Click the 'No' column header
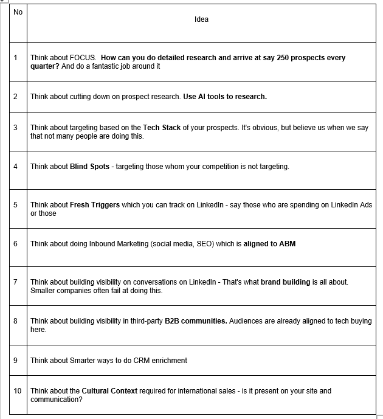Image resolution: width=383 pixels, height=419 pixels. point(18,12)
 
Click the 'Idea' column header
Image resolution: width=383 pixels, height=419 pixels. point(201,19)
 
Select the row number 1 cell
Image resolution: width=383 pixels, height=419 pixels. point(15,58)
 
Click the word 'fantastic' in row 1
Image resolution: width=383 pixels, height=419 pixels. point(109,66)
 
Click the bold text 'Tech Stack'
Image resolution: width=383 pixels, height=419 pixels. point(162,128)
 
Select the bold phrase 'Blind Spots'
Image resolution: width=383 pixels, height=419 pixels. point(90,167)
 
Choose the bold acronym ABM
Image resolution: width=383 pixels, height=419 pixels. point(287,244)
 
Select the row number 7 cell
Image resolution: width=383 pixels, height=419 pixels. point(15,282)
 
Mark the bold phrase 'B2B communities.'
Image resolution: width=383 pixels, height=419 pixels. point(196,321)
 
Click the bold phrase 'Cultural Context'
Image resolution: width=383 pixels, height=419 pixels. point(109,391)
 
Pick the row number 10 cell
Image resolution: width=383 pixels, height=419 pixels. point(17,391)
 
